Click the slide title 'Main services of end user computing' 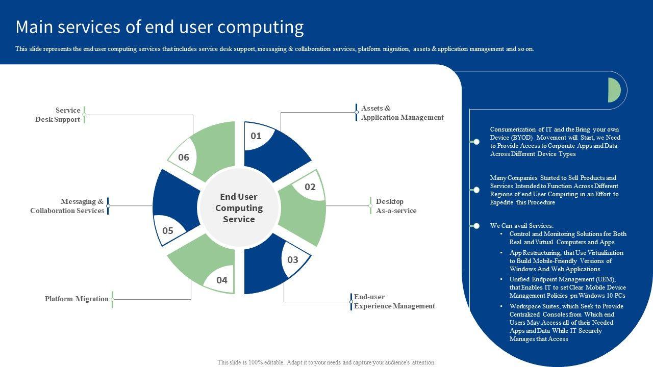point(159,27)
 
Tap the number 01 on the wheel point(256,136)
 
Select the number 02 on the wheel point(310,187)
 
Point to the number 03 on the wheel point(292,260)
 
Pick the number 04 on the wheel point(221,280)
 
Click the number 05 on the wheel point(168,230)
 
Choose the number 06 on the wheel point(184,158)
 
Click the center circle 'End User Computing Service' point(239,207)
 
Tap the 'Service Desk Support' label point(58,115)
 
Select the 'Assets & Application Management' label point(402,113)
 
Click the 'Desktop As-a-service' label point(396,206)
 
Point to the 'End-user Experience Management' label point(394,301)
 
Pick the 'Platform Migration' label point(77,299)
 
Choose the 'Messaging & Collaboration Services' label point(67,206)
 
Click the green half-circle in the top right point(614,90)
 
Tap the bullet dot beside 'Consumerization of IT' point(476,142)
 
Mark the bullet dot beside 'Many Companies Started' point(476,190)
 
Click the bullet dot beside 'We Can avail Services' point(476,226)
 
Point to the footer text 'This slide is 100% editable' point(326,362)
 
